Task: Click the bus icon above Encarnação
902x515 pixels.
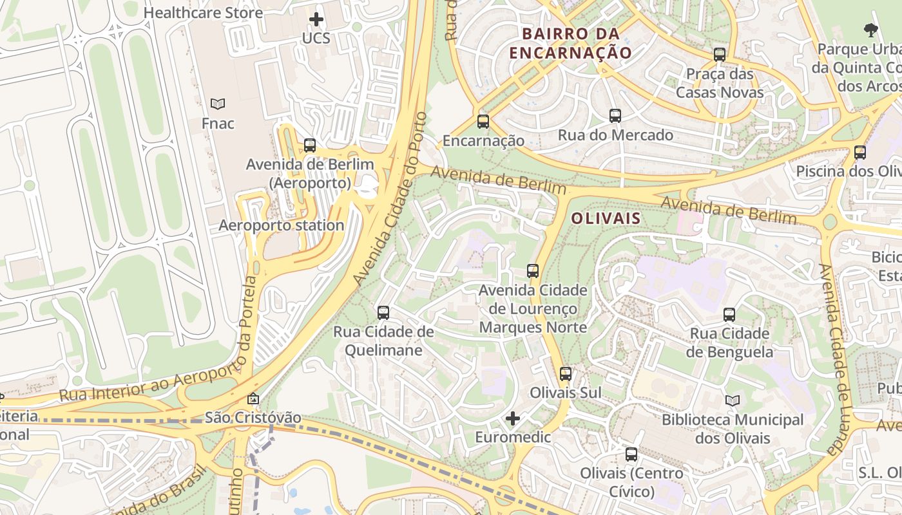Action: click(483, 121)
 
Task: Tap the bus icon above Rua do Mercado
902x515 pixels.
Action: click(615, 116)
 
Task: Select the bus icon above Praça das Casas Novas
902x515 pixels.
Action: click(720, 55)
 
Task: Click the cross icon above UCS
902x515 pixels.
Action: click(316, 19)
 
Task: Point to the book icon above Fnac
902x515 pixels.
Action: click(218, 104)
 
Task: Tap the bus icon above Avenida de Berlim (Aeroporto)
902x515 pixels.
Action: click(310, 145)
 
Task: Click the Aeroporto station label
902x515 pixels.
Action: click(282, 225)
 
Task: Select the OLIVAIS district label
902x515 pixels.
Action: click(606, 218)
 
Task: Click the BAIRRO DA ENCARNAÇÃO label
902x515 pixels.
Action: click(570, 43)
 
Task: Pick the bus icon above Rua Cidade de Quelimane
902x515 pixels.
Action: click(383, 313)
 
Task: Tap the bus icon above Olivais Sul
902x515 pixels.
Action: click(566, 373)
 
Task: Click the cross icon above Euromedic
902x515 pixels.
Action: click(513, 419)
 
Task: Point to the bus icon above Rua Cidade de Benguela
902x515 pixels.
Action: click(729, 315)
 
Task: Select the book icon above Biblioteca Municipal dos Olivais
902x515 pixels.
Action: click(733, 400)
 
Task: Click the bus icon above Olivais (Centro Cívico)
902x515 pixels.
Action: click(631, 454)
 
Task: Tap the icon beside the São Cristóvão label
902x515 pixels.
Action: click(253, 399)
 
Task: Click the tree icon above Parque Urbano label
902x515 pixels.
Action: click(870, 29)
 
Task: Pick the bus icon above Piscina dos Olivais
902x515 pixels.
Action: click(860, 153)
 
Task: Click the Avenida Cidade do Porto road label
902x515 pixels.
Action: click(390, 200)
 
